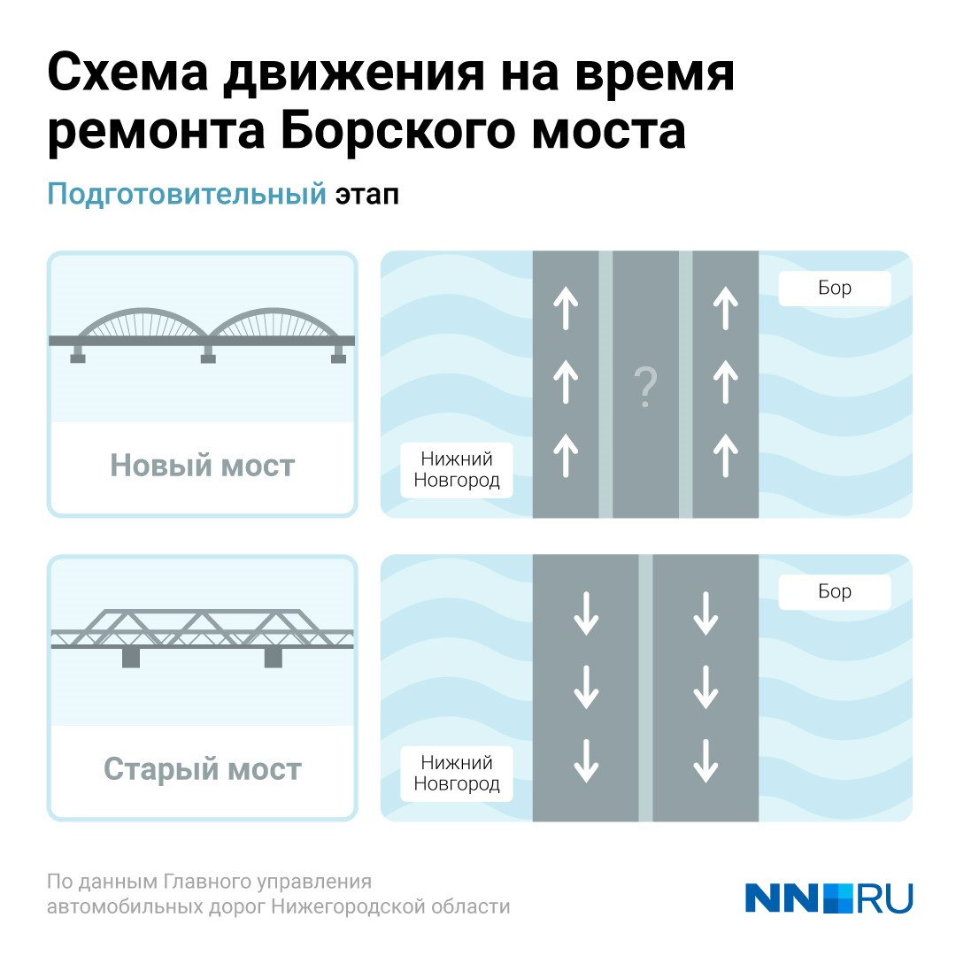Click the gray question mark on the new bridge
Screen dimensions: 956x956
[x=645, y=387]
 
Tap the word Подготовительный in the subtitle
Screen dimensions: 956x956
[x=187, y=195]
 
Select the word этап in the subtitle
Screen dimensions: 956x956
[x=367, y=195]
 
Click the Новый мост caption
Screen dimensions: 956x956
[x=203, y=466]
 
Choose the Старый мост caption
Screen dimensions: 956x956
[x=203, y=769]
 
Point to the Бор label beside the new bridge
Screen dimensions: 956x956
[x=835, y=288]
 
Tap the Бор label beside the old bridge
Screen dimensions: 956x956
[x=835, y=591]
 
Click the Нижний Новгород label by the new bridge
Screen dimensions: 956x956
[x=457, y=469]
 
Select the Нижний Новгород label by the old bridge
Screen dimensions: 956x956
[x=457, y=773]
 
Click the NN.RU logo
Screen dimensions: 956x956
[x=829, y=898]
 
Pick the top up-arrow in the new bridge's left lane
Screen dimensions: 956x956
[x=566, y=309]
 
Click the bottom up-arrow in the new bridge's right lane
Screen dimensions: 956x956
[x=726, y=455]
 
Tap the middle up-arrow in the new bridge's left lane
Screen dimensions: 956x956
[x=566, y=382]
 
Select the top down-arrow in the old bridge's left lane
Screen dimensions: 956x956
[x=587, y=613]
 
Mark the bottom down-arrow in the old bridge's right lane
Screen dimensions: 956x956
[x=705, y=761]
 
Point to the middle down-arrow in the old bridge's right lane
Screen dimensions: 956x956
[x=705, y=687]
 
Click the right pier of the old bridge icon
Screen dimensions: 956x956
[x=274, y=658]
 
